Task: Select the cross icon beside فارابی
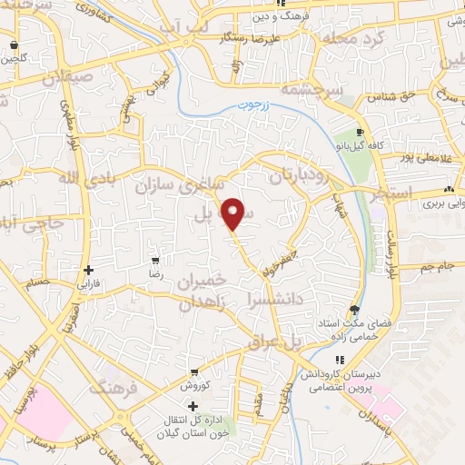point(88,270)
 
